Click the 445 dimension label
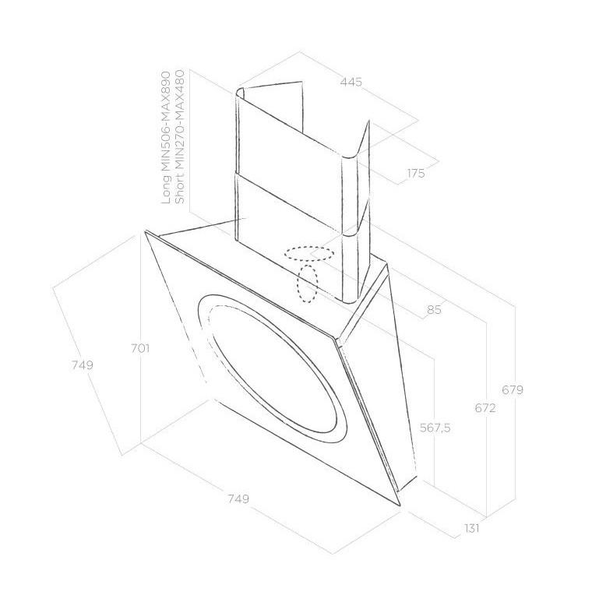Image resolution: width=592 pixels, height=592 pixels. (x=351, y=82)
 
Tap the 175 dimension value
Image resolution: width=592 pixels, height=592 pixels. (x=416, y=173)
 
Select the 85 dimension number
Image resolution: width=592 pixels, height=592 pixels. (x=434, y=309)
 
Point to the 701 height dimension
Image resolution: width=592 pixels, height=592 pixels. (x=140, y=348)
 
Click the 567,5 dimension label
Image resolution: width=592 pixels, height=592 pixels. (x=435, y=428)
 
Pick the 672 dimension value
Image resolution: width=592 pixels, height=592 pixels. (x=485, y=407)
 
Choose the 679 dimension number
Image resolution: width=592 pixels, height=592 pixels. (x=513, y=389)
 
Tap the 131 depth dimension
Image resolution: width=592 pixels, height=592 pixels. (x=472, y=528)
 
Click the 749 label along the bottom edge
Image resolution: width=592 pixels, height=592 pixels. (x=238, y=499)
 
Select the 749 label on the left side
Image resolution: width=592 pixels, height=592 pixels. (x=83, y=365)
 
